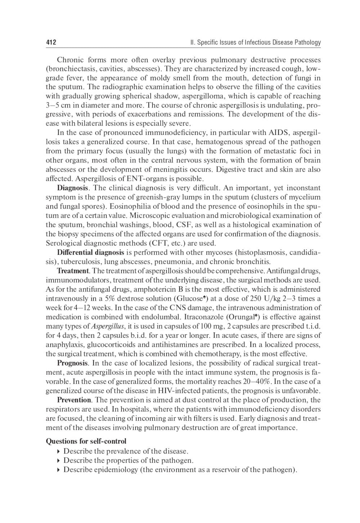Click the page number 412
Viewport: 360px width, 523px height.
point(51,42)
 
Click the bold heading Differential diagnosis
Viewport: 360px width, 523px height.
point(90,253)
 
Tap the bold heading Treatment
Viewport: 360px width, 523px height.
point(73,271)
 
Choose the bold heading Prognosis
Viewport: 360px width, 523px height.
point(72,363)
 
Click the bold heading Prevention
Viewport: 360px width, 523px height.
point(74,400)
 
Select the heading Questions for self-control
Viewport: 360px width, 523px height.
point(86,441)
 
